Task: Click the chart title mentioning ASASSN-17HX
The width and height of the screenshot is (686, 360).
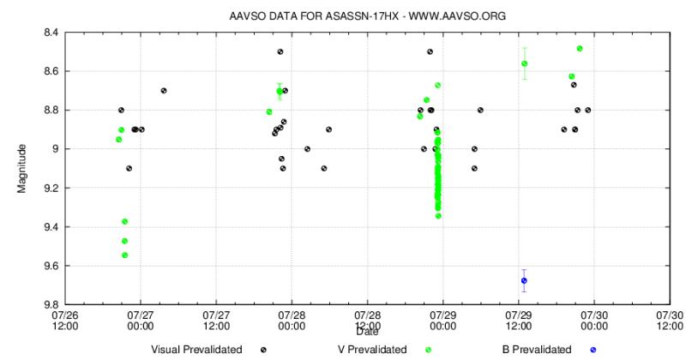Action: pos(362,15)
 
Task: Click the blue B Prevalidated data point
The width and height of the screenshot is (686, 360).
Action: pos(524,280)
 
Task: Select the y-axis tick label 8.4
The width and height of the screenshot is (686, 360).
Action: pos(51,33)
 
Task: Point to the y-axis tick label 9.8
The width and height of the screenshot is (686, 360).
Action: pos(51,304)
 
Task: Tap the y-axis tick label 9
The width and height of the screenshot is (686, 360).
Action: pos(55,149)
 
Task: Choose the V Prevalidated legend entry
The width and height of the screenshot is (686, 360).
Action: pos(387,350)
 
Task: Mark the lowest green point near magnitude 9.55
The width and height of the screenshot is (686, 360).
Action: pos(125,255)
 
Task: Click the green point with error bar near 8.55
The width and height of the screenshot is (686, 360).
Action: pos(524,63)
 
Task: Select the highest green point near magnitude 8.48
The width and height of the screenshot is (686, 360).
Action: pos(580,49)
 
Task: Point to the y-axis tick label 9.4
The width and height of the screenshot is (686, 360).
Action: pos(51,227)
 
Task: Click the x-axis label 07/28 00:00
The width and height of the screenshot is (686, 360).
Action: pos(292,320)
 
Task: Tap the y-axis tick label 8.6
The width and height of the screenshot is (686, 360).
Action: pos(51,71)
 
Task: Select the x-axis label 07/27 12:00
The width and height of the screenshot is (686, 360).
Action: pos(216,320)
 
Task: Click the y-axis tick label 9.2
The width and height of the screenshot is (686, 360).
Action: pos(51,188)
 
